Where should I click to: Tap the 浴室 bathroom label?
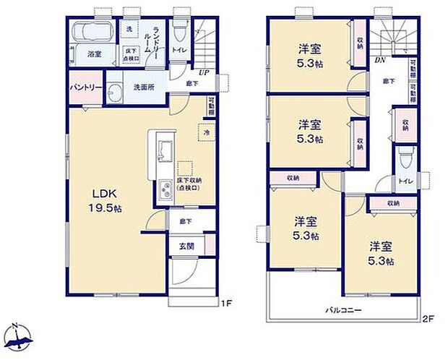coord(94,54)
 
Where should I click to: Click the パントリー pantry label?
coord(85,87)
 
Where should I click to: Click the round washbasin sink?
coord(116,92)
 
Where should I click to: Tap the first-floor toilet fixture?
coord(179,30)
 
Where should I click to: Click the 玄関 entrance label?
coord(186,245)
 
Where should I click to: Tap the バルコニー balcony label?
coord(343,309)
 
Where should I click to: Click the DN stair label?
coord(379,61)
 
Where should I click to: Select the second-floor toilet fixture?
coord(405,155)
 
